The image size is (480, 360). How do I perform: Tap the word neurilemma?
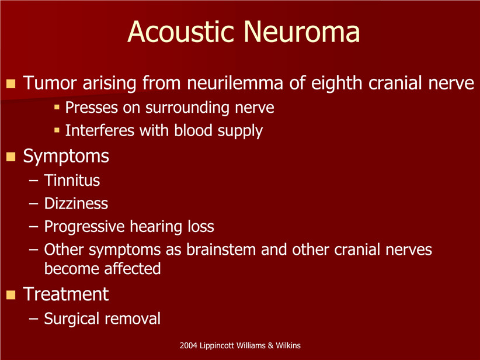click(235, 83)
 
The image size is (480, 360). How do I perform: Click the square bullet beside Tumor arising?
click(11, 84)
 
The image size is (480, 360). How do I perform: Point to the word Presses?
click(92, 107)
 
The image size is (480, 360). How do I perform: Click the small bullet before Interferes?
click(57, 130)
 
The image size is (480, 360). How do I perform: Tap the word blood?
click(193, 130)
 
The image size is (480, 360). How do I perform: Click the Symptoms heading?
click(66, 157)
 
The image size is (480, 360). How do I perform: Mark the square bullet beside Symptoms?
click(11, 157)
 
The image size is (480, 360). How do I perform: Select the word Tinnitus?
click(72, 180)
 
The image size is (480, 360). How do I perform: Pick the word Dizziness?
click(76, 203)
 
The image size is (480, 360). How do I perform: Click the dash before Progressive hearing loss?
click(33, 227)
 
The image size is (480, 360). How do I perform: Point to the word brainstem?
click(221, 250)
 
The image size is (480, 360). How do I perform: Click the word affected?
click(132, 268)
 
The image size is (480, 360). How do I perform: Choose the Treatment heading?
click(66, 294)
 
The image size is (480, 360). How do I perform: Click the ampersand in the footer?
click(270, 345)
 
